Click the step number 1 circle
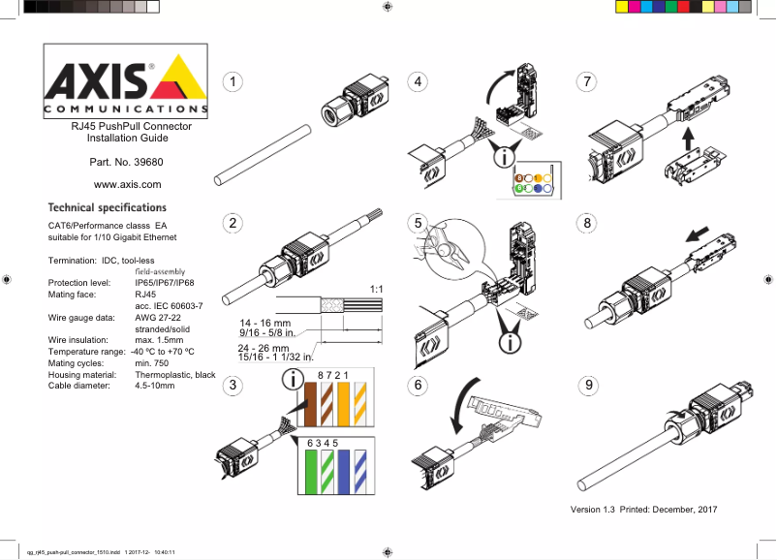coord(233,81)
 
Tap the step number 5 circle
coord(420,223)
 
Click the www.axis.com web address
coord(126,184)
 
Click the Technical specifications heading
coord(108,207)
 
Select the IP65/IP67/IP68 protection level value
coord(165,283)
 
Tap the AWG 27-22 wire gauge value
coord(159,318)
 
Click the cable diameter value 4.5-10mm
coord(155,386)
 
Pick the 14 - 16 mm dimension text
coord(265,323)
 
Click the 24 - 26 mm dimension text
coord(265,347)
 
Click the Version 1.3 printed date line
coord(643,510)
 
